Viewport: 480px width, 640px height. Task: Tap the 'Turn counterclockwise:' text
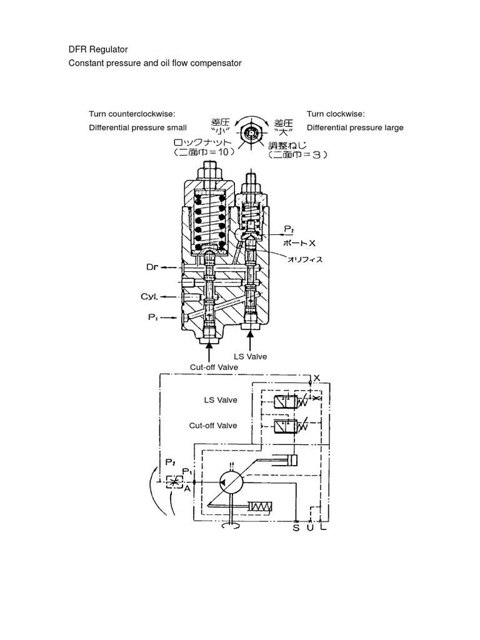point(132,114)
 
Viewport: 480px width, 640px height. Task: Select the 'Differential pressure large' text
point(355,127)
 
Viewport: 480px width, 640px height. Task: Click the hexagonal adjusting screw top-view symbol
point(251,132)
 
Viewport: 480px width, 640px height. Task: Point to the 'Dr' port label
point(152,267)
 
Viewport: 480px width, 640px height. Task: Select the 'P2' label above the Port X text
point(288,229)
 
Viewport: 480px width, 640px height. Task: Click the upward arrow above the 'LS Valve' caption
point(251,341)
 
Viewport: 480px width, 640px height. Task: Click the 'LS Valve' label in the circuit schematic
point(221,400)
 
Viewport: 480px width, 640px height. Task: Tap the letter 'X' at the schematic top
point(316,377)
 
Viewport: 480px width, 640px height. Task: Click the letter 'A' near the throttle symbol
point(187,489)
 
